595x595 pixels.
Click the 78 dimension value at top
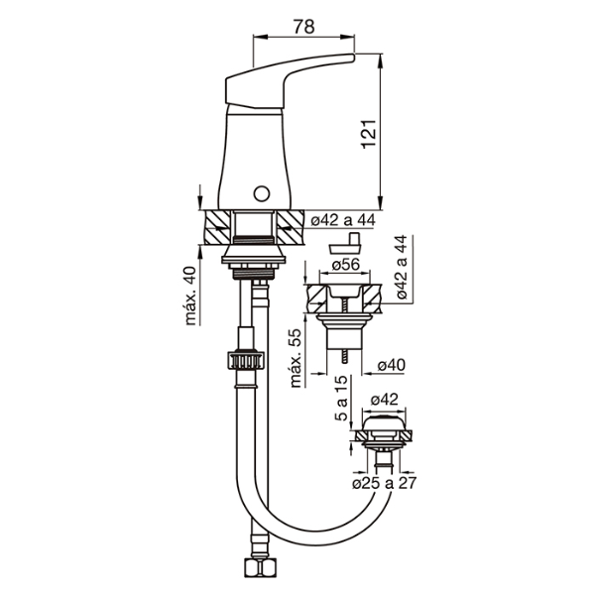[304, 27]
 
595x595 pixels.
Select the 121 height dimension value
[369, 134]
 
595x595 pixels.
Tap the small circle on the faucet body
[262, 193]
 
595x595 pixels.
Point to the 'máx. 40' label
[190, 296]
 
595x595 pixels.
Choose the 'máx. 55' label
[296, 357]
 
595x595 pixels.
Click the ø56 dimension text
[345, 264]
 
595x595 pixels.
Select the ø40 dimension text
[392, 365]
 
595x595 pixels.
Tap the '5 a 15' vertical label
[341, 398]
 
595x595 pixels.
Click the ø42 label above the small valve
[385, 400]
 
